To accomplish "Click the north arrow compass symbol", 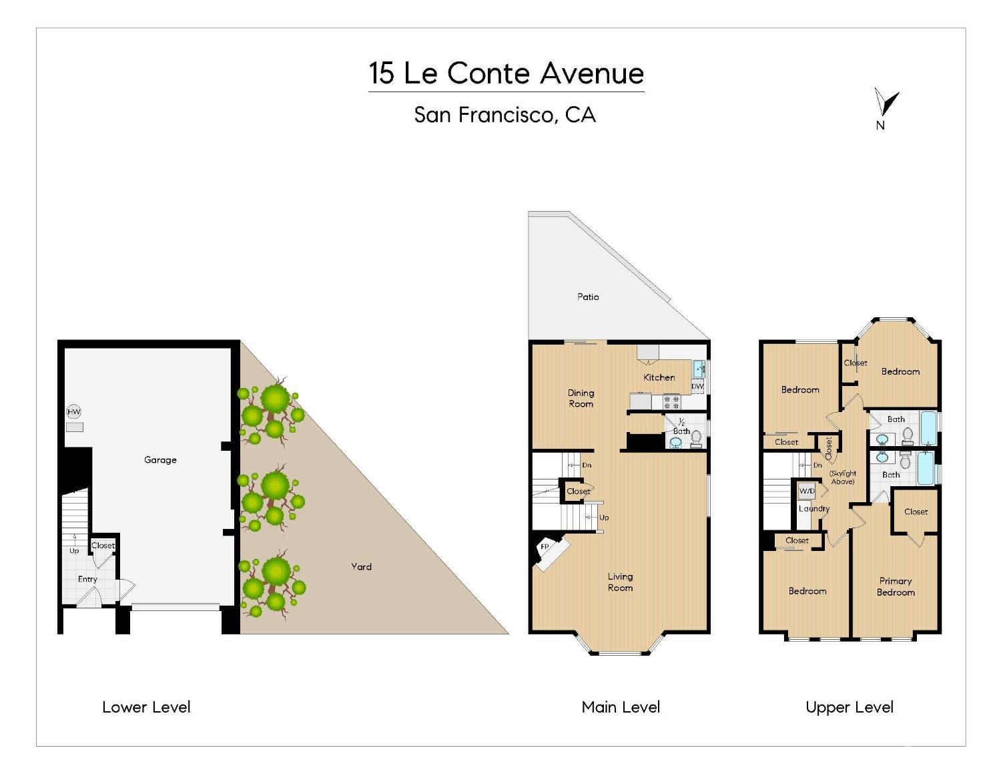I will point(886,104).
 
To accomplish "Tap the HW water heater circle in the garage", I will point(73,412).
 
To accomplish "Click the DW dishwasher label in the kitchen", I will point(697,387).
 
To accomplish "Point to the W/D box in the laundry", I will point(807,492).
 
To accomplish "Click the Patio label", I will point(588,297).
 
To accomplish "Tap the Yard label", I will point(361,566).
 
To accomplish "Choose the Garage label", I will point(160,459).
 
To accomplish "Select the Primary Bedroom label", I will point(896,586).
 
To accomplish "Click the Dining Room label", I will point(581,398).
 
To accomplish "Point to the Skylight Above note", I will point(843,477).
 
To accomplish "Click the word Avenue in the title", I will point(592,73).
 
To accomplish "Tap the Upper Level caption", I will point(850,707).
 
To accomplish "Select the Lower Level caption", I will point(146,707).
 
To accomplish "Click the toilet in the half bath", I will point(696,437).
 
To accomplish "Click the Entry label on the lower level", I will point(87,579).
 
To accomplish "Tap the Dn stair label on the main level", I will point(587,465).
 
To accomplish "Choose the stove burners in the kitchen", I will point(671,402).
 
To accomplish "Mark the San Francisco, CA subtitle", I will point(505,115).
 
